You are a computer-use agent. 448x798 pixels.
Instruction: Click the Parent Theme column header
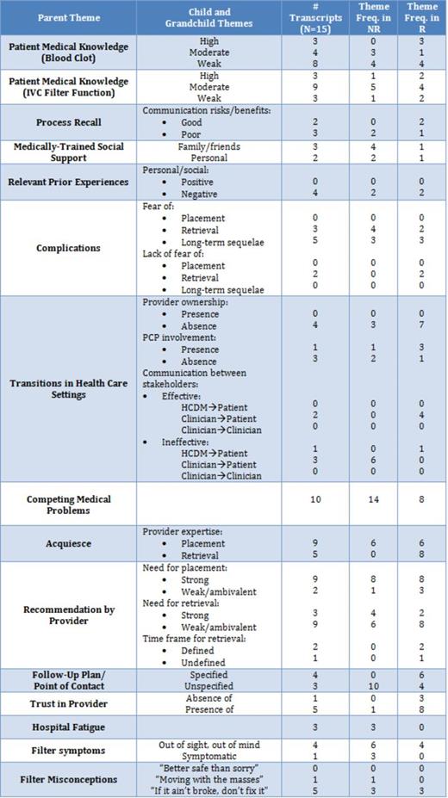point(69,17)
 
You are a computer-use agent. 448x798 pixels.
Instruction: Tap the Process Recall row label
point(69,122)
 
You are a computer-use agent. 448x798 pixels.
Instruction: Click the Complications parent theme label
point(69,248)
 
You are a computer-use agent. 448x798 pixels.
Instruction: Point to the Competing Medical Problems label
point(69,504)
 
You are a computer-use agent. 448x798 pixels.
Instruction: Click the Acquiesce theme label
point(69,544)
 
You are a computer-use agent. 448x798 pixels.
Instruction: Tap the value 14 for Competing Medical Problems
point(375,498)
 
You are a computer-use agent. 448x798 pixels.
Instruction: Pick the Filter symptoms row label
point(69,750)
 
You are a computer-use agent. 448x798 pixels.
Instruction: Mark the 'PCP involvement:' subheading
point(179,338)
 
